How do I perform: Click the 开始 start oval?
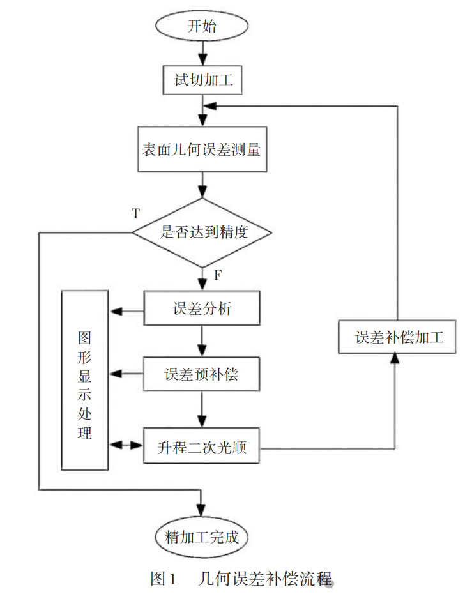coord(201,27)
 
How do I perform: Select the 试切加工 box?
coord(201,80)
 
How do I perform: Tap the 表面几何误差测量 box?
coord(201,149)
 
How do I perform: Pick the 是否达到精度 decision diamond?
coord(202,232)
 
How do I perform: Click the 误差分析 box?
coord(202,310)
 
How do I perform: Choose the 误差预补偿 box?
coord(202,374)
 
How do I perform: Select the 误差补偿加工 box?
coord(397,337)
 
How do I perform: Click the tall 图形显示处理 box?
coord(85,381)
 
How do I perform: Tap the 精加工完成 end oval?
coord(202,537)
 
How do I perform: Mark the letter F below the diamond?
coord(218,276)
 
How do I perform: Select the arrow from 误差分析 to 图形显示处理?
coord(127,312)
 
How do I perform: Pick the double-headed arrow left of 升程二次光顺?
coord(127,445)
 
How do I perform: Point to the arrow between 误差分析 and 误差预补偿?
coord(202,342)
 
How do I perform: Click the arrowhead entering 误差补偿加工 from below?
coord(397,358)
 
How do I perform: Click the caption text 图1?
coord(163,580)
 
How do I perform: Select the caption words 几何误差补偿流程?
coord(266,580)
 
